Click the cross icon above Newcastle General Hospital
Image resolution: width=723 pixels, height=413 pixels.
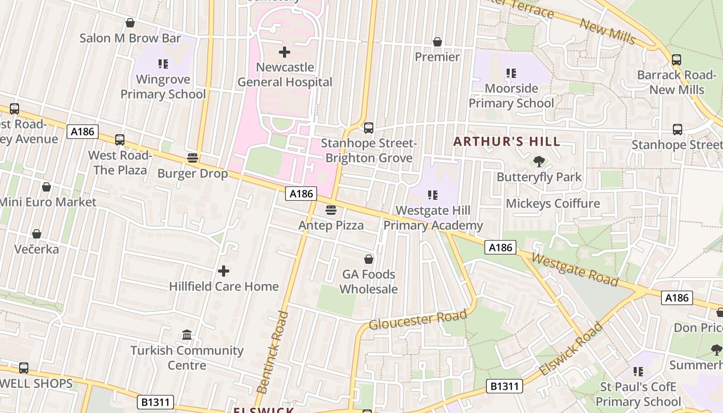point(284,52)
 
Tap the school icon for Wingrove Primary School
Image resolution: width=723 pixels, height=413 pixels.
point(163,64)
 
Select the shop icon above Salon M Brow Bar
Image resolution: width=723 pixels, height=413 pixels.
point(130,23)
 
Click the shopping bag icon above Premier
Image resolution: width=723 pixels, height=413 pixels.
point(437,42)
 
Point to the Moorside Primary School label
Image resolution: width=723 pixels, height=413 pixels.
point(511,96)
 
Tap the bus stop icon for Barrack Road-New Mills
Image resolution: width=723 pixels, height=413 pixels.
point(677,60)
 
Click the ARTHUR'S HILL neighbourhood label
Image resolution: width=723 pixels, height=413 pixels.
point(507,141)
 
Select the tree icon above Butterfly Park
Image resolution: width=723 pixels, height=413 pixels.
point(539,162)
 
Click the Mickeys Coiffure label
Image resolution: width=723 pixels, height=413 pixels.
point(553,203)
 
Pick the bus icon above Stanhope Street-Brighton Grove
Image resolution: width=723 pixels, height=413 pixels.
point(369,128)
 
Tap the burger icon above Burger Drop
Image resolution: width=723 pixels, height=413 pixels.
point(193,158)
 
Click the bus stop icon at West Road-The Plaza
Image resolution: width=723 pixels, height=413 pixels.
point(120,140)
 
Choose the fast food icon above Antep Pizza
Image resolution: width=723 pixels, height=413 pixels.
point(331,210)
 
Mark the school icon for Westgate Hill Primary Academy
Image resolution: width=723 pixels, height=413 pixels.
point(433,195)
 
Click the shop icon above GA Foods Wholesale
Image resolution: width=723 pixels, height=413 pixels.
point(369,259)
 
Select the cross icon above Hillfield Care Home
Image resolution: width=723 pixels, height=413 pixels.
point(224,271)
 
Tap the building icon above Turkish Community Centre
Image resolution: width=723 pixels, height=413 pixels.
point(187,336)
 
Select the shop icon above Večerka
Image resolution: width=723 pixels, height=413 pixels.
point(37,234)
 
